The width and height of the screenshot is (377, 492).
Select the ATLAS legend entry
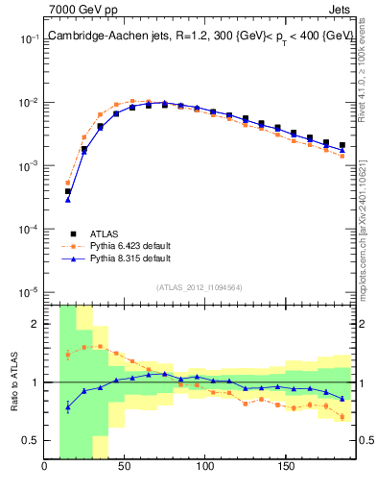[107, 234]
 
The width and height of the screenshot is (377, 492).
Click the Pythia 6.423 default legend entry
[130, 246]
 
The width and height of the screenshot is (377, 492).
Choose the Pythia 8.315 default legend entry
[130, 258]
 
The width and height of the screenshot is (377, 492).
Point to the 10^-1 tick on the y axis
[29, 39]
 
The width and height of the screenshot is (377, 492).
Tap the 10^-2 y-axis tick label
[29, 103]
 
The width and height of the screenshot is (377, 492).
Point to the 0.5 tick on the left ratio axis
[32, 440]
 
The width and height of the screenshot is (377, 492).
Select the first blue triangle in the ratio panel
[68, 407]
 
